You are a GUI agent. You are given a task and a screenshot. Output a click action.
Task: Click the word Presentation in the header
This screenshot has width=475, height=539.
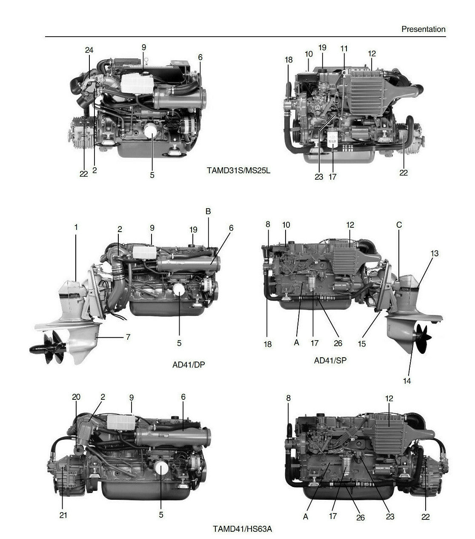423,29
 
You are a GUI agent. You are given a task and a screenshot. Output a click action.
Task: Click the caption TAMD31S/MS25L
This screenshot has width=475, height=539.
238,171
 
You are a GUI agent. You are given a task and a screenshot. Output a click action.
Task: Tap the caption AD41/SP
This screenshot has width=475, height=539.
330,360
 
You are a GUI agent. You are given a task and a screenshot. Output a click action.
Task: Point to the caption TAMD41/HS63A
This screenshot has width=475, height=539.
242,529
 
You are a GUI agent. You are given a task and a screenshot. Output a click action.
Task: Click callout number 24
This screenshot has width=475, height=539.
89,50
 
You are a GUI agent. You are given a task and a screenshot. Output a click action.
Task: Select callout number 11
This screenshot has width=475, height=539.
344,49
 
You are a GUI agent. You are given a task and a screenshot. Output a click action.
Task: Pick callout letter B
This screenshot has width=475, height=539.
208,212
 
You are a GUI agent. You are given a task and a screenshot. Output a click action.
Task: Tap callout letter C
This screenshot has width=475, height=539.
399,225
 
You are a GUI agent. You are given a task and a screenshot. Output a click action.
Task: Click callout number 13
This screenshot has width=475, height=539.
434,253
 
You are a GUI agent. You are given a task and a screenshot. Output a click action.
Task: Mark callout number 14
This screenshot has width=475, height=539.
407,381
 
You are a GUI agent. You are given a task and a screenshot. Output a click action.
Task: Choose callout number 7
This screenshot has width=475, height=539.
128,337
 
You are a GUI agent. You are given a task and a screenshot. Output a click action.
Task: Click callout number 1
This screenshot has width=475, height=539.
76,227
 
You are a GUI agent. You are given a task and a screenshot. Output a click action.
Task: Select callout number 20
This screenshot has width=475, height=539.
76,397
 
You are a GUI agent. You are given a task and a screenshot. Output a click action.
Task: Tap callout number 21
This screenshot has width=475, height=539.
63,515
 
